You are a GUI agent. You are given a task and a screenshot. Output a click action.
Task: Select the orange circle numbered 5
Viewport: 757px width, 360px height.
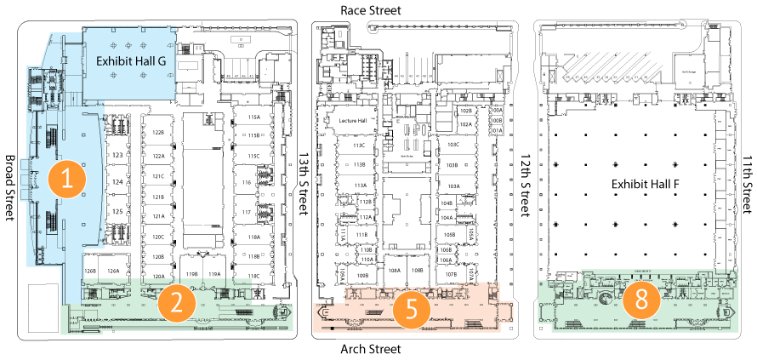tap(412, 307)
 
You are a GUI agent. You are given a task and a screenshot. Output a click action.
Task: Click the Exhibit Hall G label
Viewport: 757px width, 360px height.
tap(131, 61)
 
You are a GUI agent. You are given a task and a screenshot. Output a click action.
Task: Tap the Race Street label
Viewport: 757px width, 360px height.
tap(370, 9)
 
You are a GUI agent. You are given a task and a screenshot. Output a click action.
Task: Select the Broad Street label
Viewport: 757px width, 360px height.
tap(11, 188)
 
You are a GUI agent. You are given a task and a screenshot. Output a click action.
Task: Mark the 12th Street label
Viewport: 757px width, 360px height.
tap(524, 188)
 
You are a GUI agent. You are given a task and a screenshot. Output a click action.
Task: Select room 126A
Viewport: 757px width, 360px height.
tap(112, 271)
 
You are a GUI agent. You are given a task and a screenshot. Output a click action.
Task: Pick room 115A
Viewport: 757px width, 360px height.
tap(253, 117)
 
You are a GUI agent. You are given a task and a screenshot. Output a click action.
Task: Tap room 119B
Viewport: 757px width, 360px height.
tap(191, 274)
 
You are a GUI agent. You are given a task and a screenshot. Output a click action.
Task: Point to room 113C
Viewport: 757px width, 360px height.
tap(360, 145)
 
